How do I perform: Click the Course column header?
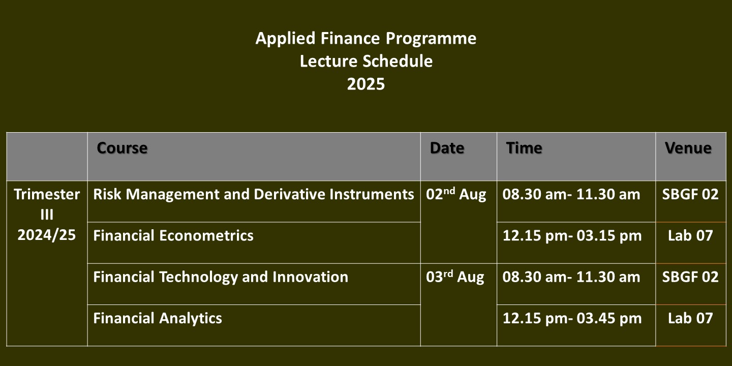[122, 148]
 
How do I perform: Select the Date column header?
[447, 148]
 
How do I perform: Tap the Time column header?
[524, 148]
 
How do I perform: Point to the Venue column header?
[688, 148]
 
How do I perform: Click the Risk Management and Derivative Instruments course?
[254, 194]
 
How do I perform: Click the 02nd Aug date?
[456, 194]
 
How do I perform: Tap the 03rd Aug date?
[455, 277]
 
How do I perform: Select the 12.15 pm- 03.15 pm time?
[572, 236]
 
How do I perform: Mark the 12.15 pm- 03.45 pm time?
[572, 318]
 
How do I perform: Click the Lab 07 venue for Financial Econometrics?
[690, 236]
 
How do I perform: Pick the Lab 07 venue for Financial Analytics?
[690, 318]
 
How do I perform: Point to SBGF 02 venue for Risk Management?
[690, 194]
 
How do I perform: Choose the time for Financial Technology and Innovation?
[571, 277]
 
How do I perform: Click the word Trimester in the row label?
[47, 194]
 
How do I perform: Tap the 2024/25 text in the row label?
[47, 235]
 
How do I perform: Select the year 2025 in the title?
[366, 84]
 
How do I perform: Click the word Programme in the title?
[431, 39]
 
